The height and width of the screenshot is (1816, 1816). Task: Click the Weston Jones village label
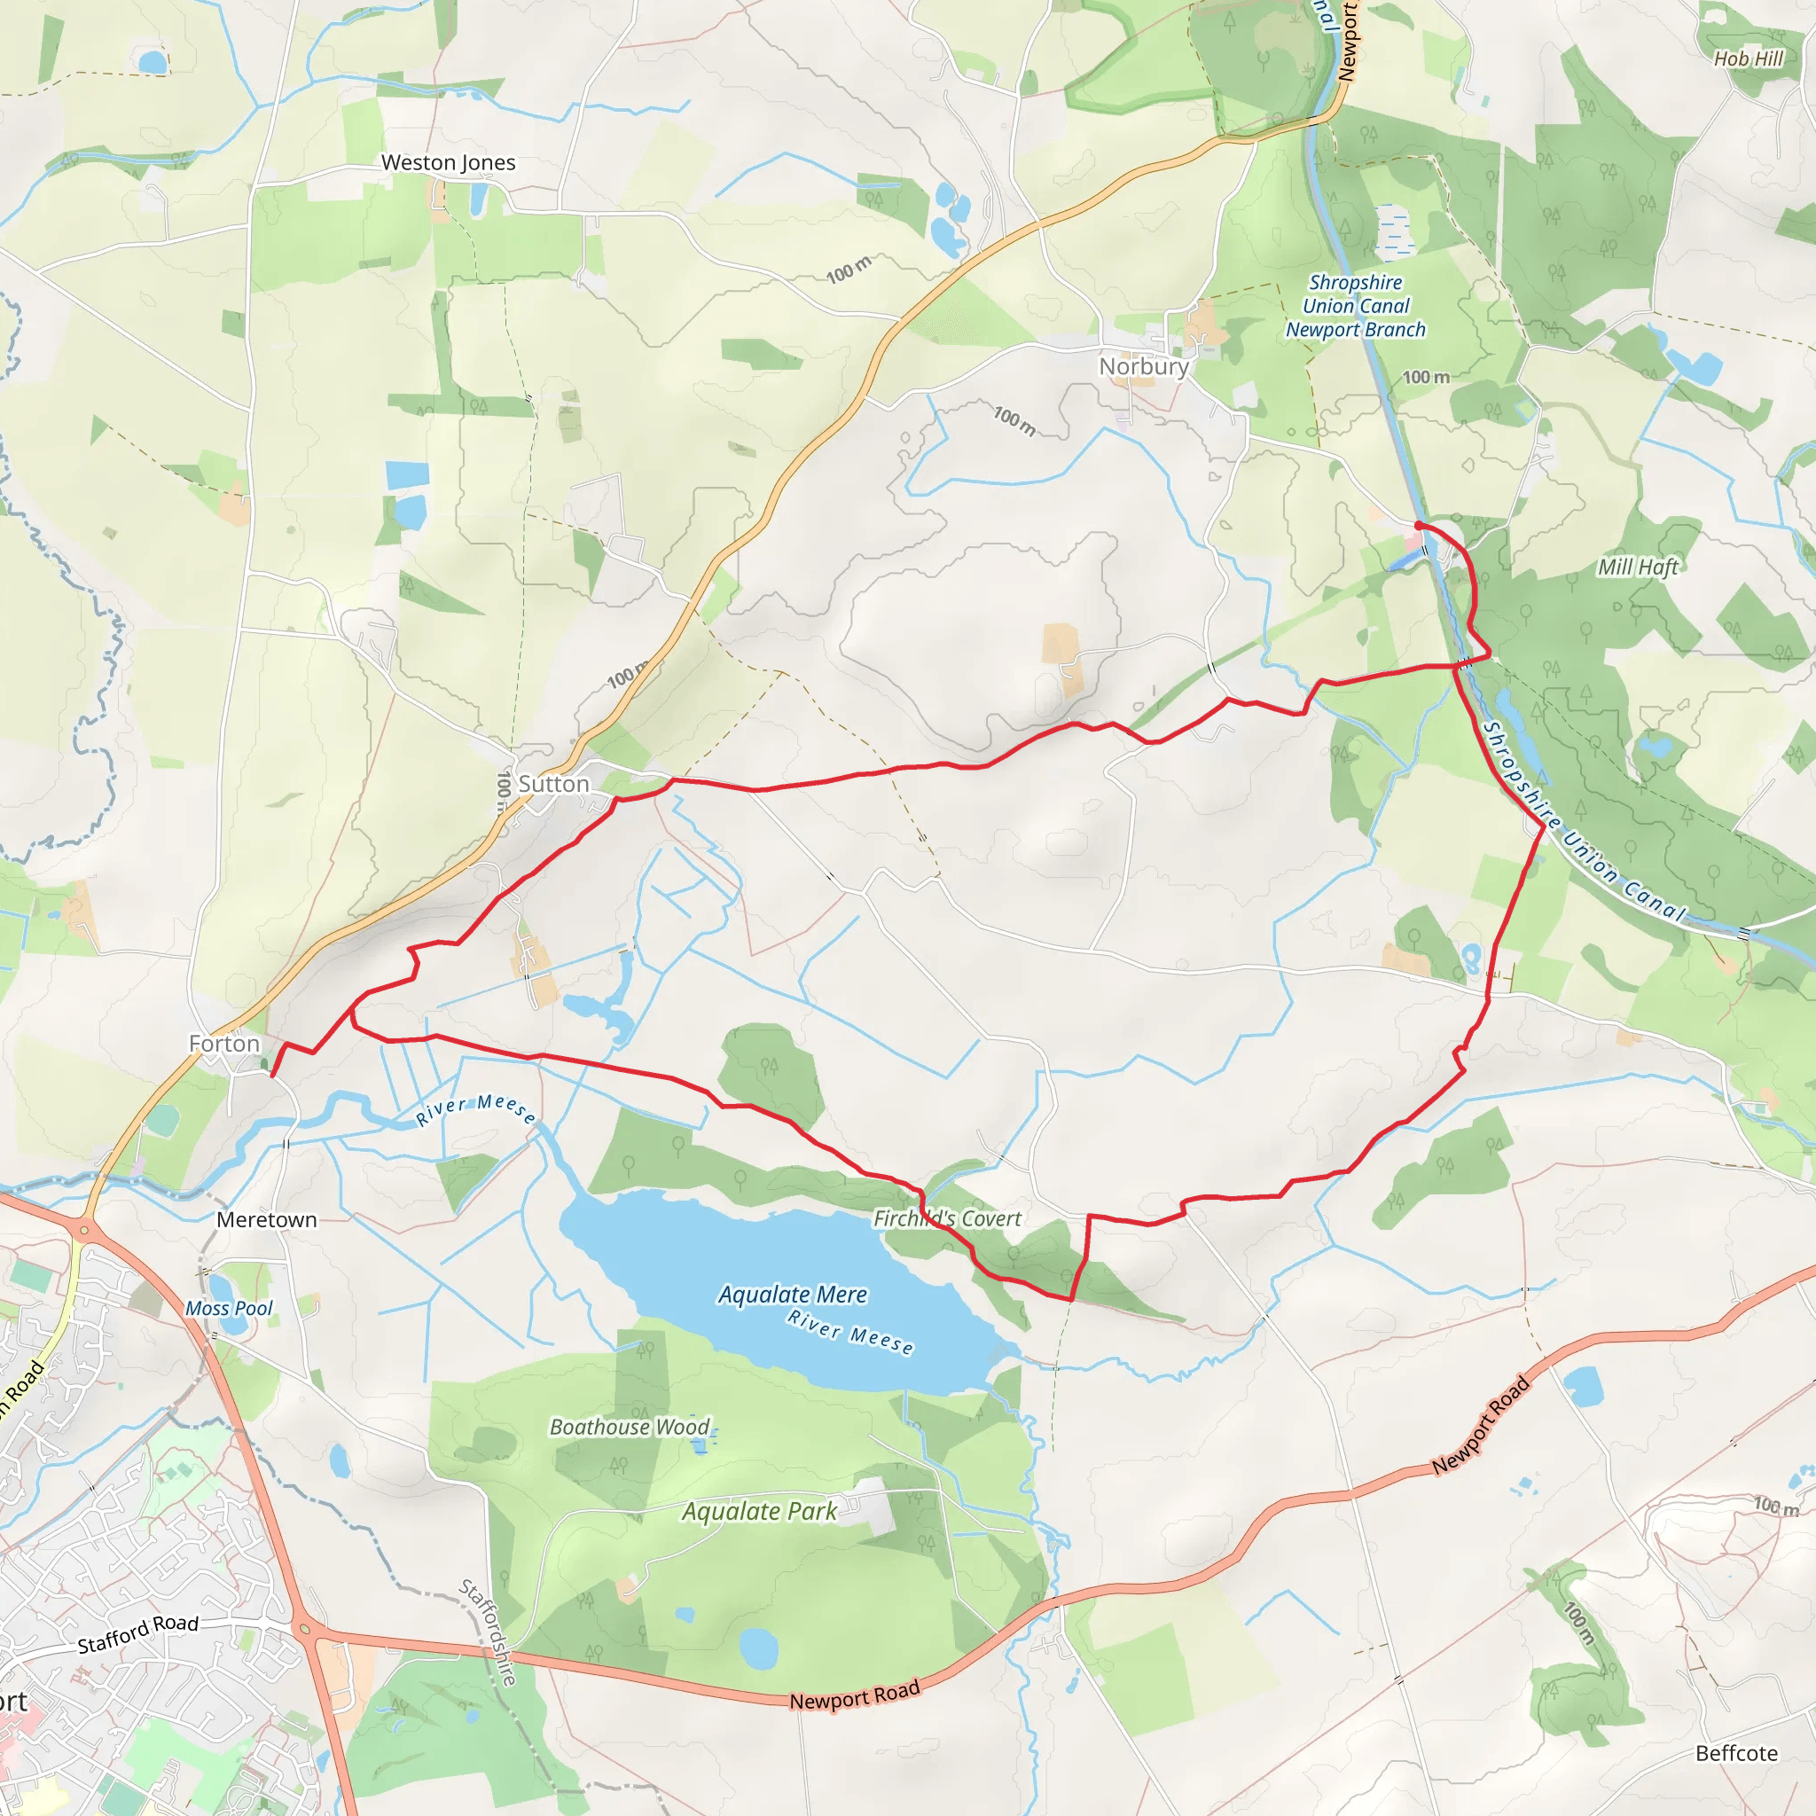[x=449, y=162]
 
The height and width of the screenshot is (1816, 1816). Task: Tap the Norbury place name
[x=1144, y=366]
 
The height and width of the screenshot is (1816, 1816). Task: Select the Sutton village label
[x=553, y=784]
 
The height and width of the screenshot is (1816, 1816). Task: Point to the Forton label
[x=223, y=1044]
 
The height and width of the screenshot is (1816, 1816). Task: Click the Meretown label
[x=267, y=1220]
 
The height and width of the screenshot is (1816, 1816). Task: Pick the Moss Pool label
[x=229, y=1309]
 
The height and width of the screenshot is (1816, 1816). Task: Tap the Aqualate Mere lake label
[x=793, y=1295]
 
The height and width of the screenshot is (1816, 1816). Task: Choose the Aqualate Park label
[x=760, y=1512]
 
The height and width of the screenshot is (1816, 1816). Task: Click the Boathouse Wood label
[x=630, y=1427]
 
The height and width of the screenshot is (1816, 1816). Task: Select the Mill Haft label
[x=1638, y=567]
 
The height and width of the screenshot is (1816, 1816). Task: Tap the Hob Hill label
[x=1749, y=59]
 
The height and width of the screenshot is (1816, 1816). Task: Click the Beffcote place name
[x=1737, y=1753]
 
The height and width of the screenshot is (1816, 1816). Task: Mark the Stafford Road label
[x=138, y=1634]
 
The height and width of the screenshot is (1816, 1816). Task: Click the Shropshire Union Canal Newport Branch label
[x=1356, y=307]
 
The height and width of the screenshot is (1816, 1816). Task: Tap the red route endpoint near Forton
[x=272, y=1075]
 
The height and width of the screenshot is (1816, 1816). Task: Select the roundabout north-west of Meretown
[x=85, y=1228]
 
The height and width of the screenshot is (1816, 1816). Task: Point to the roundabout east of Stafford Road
[x=302, y=1627]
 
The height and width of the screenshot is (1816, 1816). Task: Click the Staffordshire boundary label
[x=488, y=1632]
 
